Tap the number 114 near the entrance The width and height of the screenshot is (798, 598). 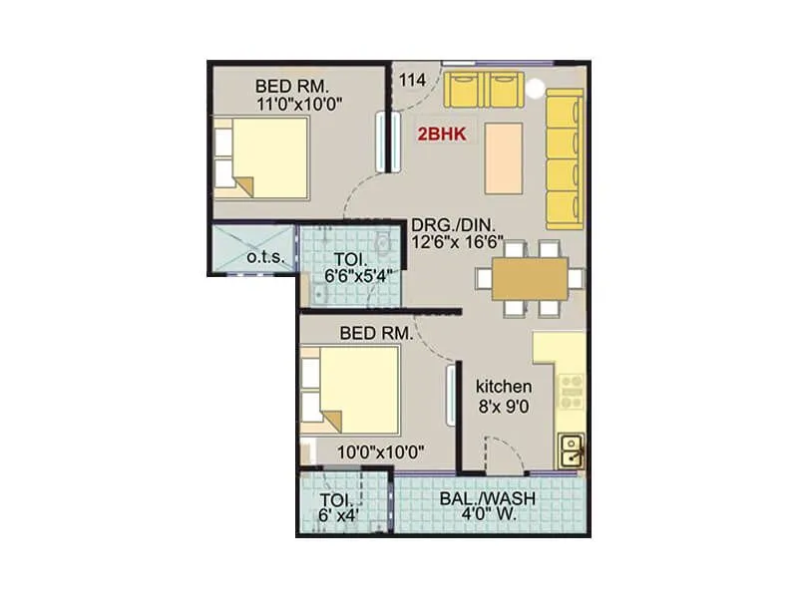click(412, 79)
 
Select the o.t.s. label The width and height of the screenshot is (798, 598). click(265, 258)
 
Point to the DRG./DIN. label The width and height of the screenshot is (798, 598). click(453, 224)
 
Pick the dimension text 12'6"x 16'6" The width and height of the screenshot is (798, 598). click(456, 242)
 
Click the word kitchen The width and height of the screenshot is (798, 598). click(503, 387)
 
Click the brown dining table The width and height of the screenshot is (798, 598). click(529, 278)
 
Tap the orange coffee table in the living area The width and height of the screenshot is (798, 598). click(504, 156)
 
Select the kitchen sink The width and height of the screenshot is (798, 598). click(572, 452)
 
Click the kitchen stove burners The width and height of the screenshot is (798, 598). click(572, 391)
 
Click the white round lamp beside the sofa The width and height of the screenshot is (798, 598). click(538, 87)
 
